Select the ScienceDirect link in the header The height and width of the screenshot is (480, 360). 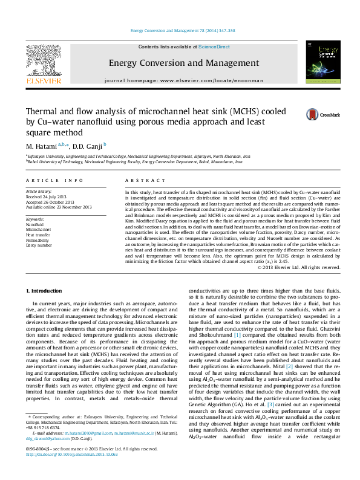click(214, 47)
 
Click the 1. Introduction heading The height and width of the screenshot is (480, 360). click(47, 291)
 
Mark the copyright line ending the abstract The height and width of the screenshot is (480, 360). click(307, 267)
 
